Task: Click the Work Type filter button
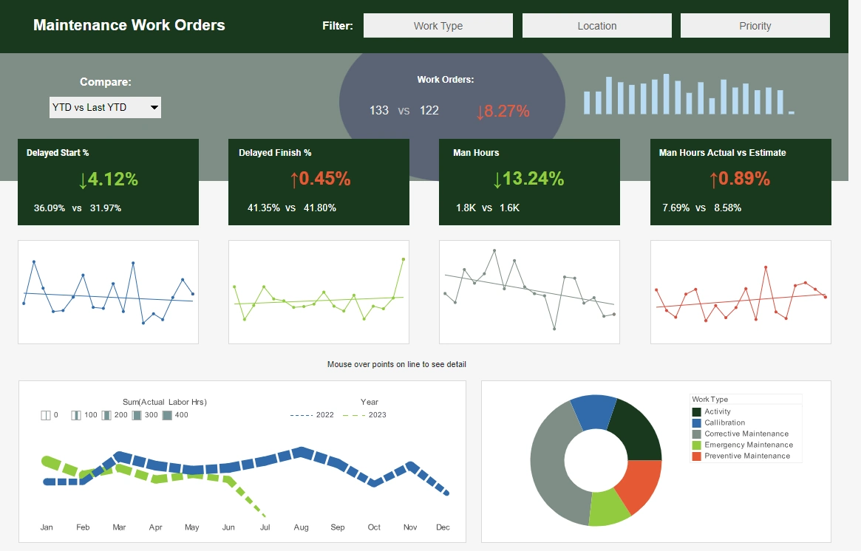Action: [438, 25]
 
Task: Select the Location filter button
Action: [596, 25]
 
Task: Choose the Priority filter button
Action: [755, 25]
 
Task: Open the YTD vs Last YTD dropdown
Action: [105, 107]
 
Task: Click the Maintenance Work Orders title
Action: [129, 25]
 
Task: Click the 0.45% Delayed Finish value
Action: [320, 179]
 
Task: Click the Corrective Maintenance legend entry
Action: [746, 434]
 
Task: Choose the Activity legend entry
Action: [717, 411]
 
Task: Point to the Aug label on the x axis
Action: [301, 527]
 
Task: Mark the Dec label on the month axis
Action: [443, 527]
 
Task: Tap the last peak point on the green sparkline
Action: [404, 259]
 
